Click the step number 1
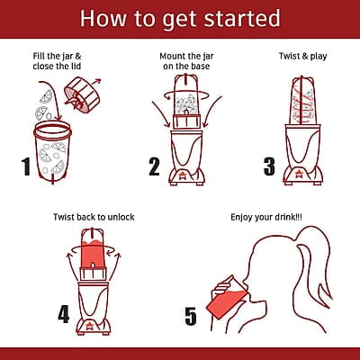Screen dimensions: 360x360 (x=26, y=166)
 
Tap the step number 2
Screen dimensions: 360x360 (x=154, y=166)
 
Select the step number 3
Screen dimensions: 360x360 (x=269, y=166)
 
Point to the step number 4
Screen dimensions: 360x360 (x=64, y=314)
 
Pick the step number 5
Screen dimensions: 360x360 (x=191, y=316)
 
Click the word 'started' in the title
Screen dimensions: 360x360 (x=242, y=19)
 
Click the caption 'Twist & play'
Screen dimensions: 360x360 (x=302, y=57)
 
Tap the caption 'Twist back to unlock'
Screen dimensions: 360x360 (x=94, y=217)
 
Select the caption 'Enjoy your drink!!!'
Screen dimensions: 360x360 (x=266, y=217)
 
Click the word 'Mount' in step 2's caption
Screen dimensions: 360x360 (x=172, y=56)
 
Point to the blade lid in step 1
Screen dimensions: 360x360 (x=82, y=94)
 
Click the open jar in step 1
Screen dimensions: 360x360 (x=52, y=151)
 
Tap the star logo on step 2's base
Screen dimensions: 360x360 (x=182, y=175)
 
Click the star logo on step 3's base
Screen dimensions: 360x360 (x=298, y=174)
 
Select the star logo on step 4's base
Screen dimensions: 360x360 (x=89, y=326)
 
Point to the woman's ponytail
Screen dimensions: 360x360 (x=312, y=264)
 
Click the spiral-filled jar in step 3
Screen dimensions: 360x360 (x=302, y=101)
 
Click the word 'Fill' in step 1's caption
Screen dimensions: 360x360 (x=39, y=56)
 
